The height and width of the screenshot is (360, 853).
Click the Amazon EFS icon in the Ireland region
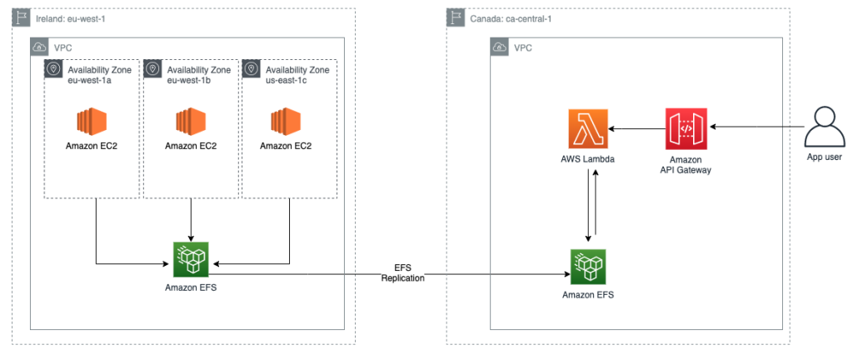click(x=191, y=260)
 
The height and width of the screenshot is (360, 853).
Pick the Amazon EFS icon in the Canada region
click(x=589, y=267)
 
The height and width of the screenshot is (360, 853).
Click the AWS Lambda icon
click(x=588, y=129)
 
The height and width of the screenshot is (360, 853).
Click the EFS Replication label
click(x=403, y=272)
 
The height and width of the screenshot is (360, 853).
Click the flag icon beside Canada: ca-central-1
click(x=456, y=17)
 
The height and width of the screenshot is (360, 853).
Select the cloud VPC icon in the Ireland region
click(x=39, y=47)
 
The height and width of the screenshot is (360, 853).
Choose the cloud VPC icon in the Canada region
click(x=500, y=47)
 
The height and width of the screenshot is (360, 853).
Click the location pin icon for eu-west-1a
click(x=53, y=69)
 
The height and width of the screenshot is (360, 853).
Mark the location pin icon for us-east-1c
click(x=251, y=69)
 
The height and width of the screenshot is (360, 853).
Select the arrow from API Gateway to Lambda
click(x=637, y=129)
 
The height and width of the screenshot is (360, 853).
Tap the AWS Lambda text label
click(x=588, y=157)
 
